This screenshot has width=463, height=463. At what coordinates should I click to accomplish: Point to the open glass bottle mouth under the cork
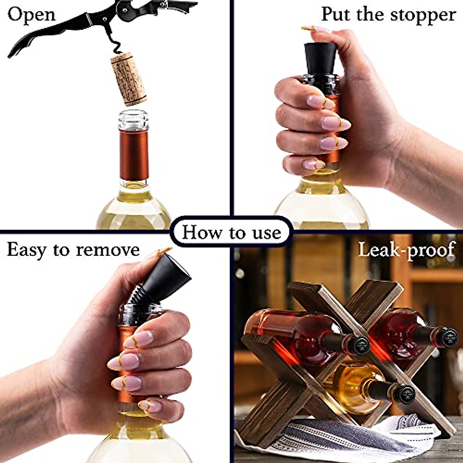[x=133, y=120]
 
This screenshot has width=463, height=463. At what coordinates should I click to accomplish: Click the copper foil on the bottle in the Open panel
[x=133, y=154]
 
